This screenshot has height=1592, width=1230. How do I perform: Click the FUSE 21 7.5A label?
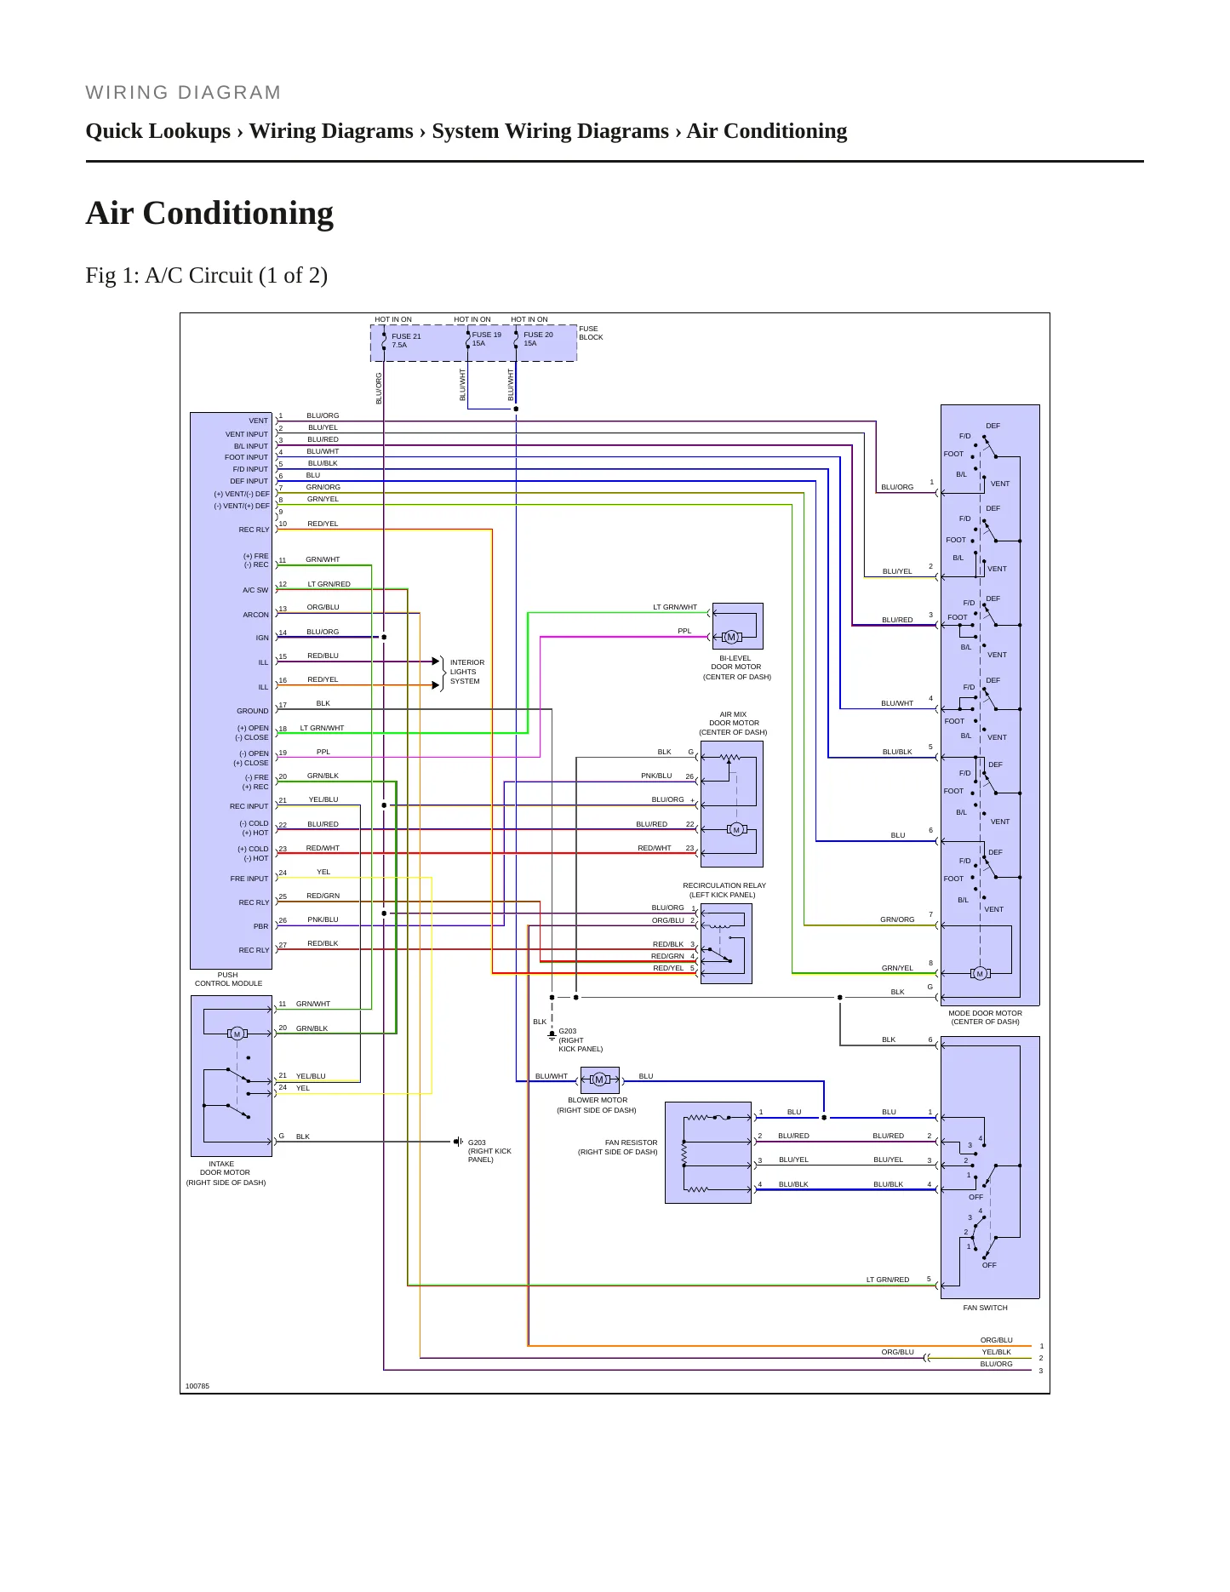click(x=406, y=341)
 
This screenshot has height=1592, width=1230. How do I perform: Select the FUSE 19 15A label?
click(x=486, y=339)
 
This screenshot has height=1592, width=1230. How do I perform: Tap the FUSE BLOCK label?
click(x=591, y=333)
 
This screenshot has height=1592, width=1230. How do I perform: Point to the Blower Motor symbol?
click(x=599, y=1079)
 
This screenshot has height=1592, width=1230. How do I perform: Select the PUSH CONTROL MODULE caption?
click(x=228, y=979)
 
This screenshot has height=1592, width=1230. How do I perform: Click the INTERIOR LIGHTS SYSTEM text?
click(x=466, y=672)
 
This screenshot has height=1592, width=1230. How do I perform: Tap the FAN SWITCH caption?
click(x=985, y=1308)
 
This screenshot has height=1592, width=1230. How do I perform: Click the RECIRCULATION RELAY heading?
click(x=724, y=885)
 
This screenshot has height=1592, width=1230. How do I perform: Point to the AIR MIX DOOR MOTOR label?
click(x=733, y=724)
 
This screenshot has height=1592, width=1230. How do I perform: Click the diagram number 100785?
click(x=197, y=1386)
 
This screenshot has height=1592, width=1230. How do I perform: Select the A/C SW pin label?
click(x=255, y=590)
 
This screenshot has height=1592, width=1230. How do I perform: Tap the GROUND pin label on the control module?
click(x=252, y=711)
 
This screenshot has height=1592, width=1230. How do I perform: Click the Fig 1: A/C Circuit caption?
click(x=207, y=275)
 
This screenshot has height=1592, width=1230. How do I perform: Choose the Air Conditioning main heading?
click(x=209, y=213)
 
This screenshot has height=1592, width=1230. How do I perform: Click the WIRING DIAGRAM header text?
click(x=183, y=93)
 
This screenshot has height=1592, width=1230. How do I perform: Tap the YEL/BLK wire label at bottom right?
click(x=996, y=1352)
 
